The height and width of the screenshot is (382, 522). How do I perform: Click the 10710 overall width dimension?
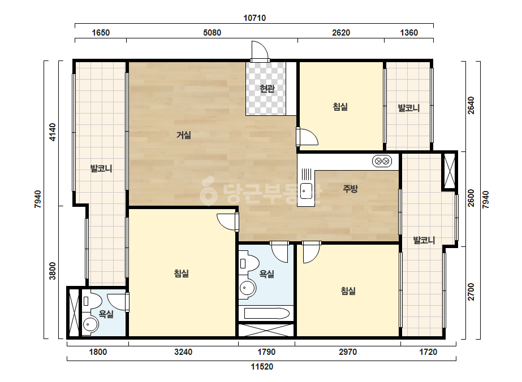click(254, 18)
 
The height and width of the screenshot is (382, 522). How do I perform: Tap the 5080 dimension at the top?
click(212, 33)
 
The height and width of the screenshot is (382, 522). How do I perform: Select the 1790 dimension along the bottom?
click(266, 351)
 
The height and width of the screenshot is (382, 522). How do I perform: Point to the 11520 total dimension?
click(262, 367)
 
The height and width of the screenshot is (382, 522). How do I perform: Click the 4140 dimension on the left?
click(53, 132)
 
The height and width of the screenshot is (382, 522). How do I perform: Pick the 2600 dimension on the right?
click(471, 198)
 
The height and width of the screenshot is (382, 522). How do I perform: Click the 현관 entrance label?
click(267, 89)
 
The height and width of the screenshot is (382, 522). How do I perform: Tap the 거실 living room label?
click(183, 135)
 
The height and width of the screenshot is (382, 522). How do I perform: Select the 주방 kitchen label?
click(350, 189)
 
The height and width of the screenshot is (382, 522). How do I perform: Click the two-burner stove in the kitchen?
click(382, 162)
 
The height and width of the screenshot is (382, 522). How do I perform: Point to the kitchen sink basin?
click(306, 192)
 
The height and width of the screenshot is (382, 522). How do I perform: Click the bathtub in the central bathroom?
click(267, 313)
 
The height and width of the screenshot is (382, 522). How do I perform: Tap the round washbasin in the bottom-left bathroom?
click(90, 324)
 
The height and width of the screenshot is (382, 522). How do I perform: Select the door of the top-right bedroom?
click(307, 137)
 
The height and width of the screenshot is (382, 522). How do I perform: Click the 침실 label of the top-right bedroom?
click(340, 107)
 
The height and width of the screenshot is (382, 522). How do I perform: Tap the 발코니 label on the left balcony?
click(101, 168)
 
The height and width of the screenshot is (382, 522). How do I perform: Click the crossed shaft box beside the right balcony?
click(450, 171)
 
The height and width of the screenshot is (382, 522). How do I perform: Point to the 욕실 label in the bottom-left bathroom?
click(106, 314)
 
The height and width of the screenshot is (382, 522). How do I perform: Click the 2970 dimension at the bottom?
click(348, 351)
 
